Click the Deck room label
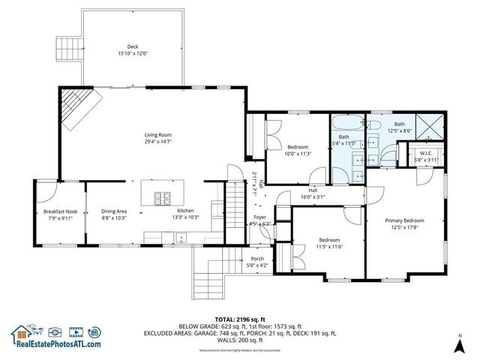[133, 46]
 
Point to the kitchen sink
[180, 238]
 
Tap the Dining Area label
[114, 211]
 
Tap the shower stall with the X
[428, 126]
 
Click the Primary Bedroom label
[405, 220]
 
